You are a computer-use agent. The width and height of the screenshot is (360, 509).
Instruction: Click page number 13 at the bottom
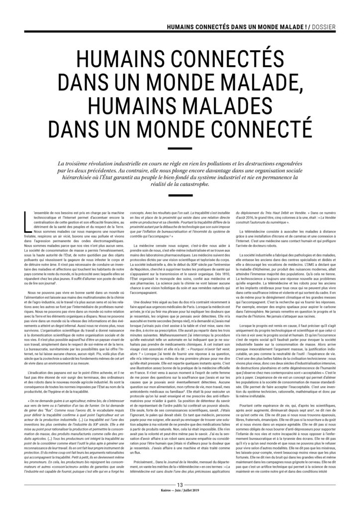click(180, 498)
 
